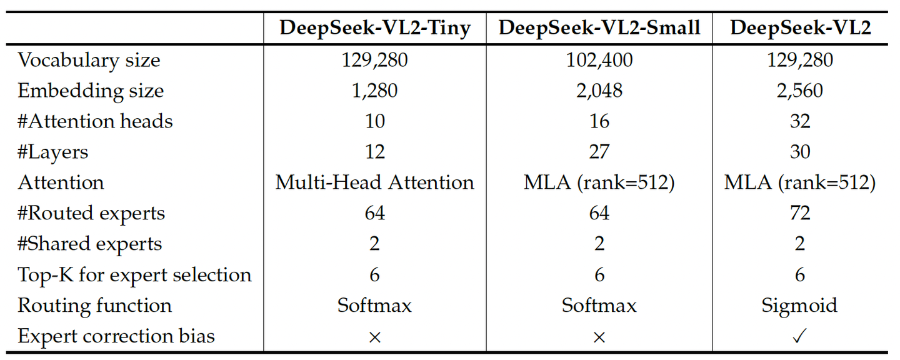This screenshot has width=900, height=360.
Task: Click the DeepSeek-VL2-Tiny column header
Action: [x=374, y=29]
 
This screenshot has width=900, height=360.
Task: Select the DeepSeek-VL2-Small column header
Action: [x=599, y=29]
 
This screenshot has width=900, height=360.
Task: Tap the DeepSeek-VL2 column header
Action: [x=800, y=29]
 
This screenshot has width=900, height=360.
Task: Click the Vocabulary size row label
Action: [x=89, y=60]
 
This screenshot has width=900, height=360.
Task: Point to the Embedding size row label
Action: [x=91, y=91]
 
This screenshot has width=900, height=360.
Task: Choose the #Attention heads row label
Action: [x=95, y=121]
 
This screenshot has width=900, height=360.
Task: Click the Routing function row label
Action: [x=94, y=306]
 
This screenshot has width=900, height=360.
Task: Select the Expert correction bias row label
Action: [x=116, y=336]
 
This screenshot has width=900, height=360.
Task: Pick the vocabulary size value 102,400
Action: [x=599, y=60]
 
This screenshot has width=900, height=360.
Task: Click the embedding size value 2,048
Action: [x=599, y=91]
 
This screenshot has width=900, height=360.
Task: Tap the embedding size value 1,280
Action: [x=374, y=91]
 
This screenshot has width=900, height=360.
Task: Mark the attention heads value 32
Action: [x=800, y=121]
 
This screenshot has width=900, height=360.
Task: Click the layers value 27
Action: [x=599, y=152]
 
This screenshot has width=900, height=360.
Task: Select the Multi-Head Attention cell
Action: [x=374, y=182]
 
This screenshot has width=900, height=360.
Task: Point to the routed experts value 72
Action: [x=800, y=213]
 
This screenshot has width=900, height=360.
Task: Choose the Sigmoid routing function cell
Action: [x=800, y=306]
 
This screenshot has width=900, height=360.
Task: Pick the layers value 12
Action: [x=374, y=152]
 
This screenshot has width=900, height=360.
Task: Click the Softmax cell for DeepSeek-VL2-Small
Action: [x=599, y=306]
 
